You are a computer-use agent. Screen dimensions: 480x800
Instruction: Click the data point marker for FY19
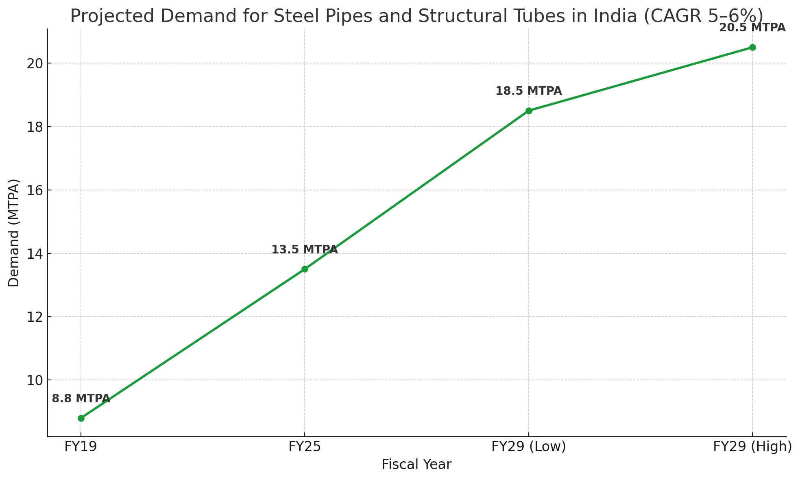pos(81,418)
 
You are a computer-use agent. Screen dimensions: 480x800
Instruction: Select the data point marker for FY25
pos(305,269)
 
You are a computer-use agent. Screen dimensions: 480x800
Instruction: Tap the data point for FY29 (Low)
pos(529,111)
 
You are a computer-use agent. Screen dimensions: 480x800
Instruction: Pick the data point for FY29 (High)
pos(752,47)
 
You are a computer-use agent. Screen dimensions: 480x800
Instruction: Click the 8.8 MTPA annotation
pos(81,399)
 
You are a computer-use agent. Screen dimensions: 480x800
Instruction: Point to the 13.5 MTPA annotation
pos(305,250)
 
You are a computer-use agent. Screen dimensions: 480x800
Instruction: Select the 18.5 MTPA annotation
pos(529,91)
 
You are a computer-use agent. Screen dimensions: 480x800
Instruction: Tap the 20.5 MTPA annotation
pos(752,28)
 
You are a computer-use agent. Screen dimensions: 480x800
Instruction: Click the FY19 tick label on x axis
pos(81,447)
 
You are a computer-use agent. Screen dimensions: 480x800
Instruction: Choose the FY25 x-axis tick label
pos(305,447)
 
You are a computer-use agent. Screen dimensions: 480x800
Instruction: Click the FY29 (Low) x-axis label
pos(529,447)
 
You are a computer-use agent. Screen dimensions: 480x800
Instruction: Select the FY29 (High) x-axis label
pos(752,447)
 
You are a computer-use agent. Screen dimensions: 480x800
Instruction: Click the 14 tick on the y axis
pos(35,254)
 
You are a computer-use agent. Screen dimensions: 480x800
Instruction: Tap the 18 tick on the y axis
pos(35,127)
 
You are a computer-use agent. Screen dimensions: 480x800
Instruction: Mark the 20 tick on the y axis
pos(35,63)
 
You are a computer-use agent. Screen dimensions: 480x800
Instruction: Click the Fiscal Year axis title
pos(416,465)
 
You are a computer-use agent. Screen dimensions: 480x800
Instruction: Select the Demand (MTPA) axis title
pos(14,233)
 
